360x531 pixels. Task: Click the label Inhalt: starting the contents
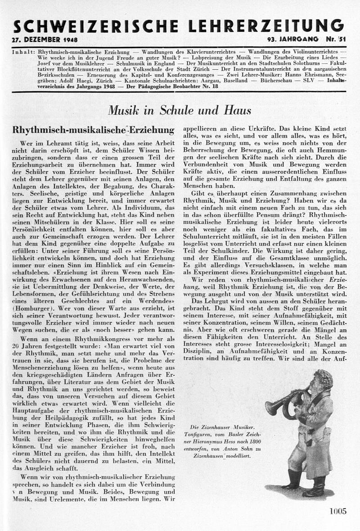click(24, 52)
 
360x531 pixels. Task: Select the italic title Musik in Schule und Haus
click(180, 110)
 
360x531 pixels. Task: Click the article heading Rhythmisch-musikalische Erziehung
click(93, 130)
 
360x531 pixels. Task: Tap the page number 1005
click(337, 511)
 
